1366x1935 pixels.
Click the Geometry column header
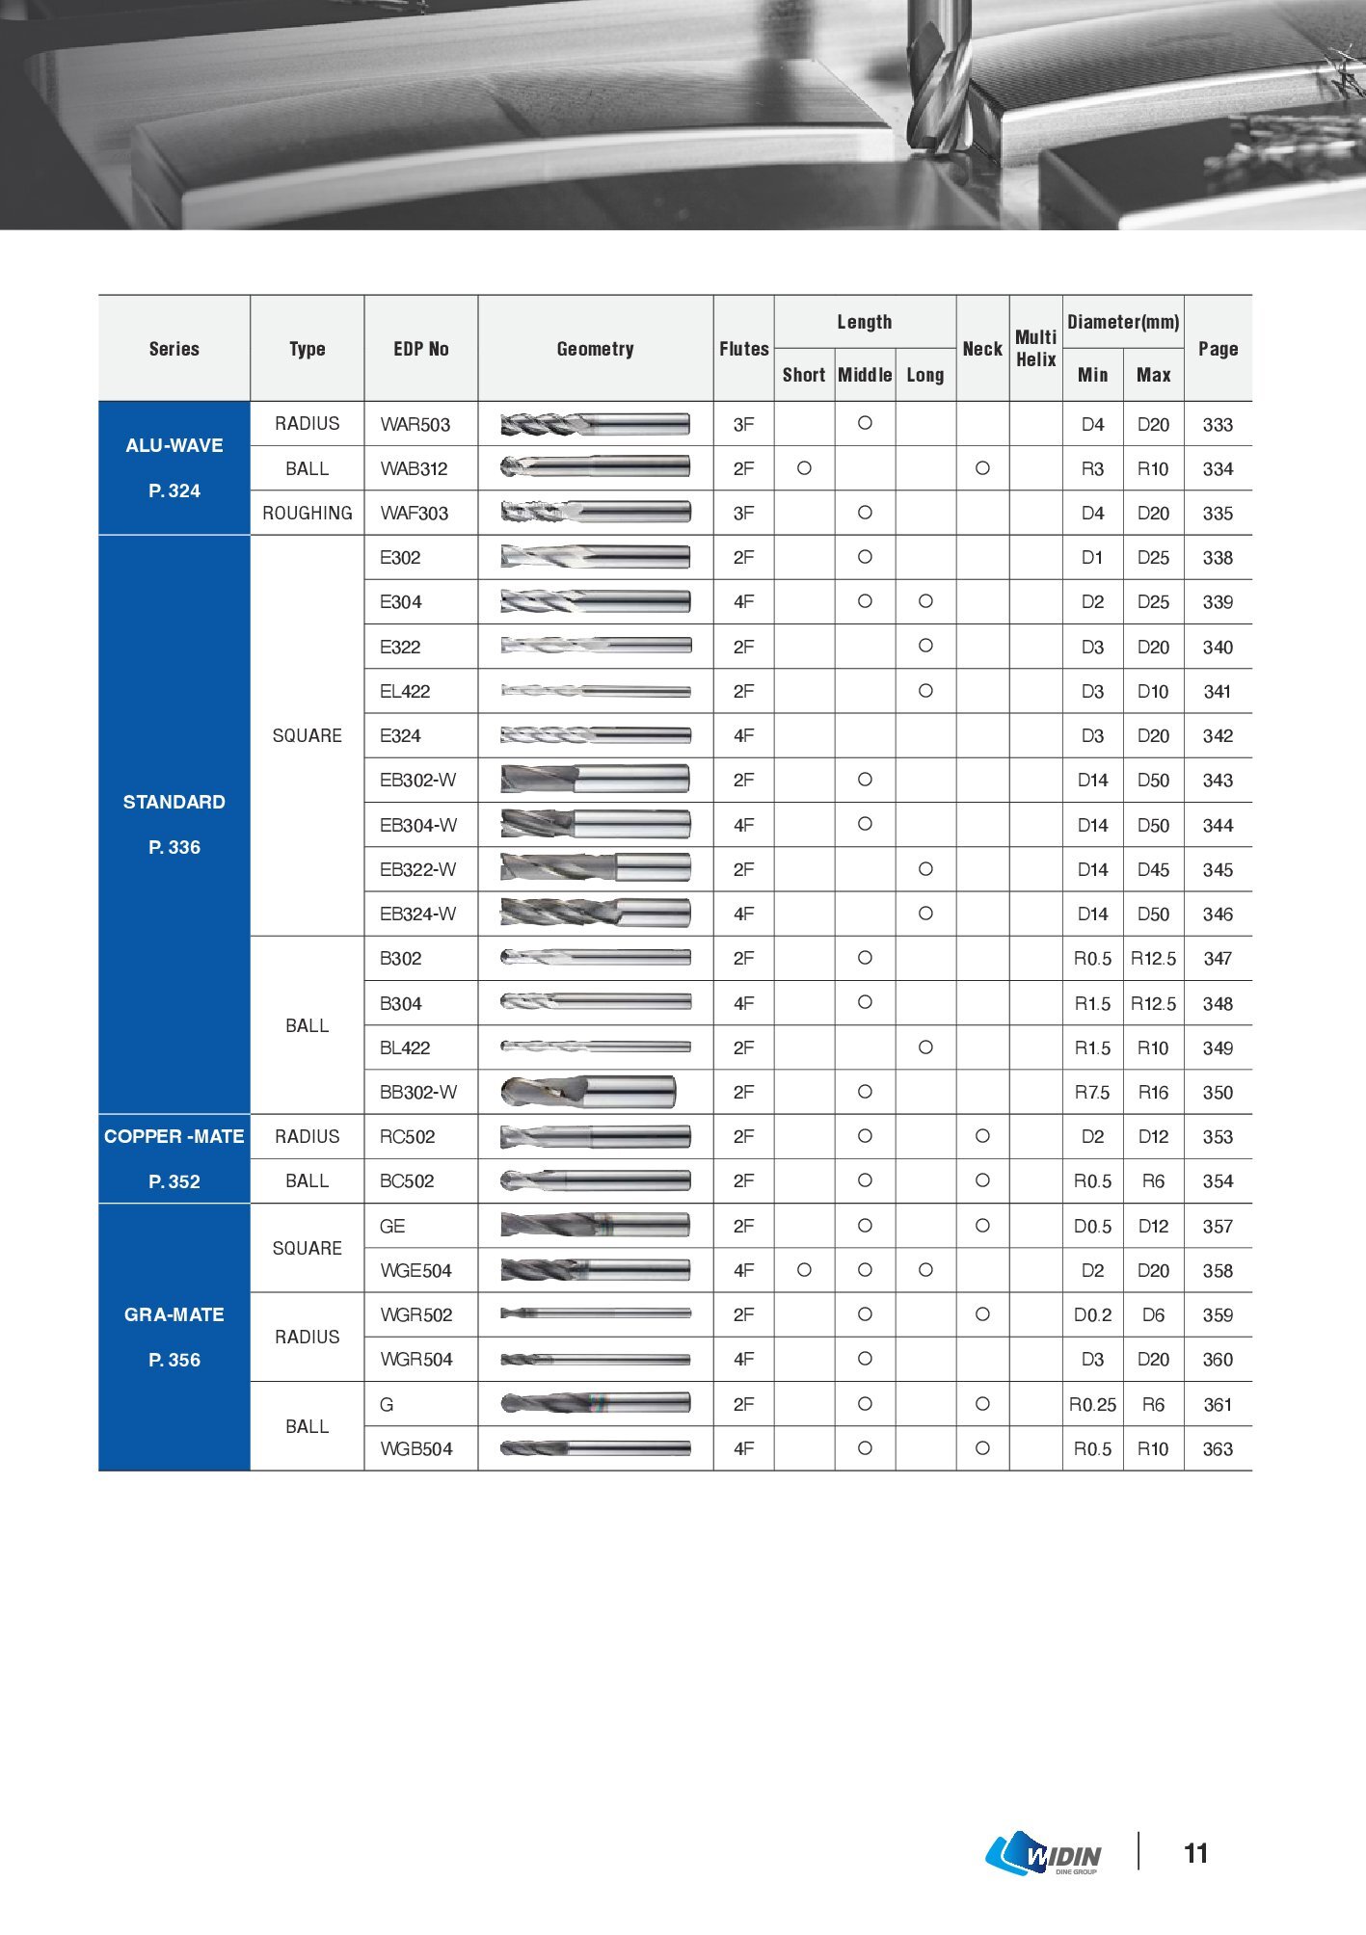(x=595, y=349)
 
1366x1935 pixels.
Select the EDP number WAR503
(x=415, y=425)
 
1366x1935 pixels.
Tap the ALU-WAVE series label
(x=174, y=445)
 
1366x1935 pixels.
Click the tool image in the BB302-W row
(x=588, y=1092)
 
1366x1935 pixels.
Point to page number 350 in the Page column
(x=1218, y=1093)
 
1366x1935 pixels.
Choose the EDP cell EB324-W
(x=417, y=914)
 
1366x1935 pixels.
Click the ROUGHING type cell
(x=308, y=514)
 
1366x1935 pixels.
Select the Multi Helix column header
(x=1035, y=348)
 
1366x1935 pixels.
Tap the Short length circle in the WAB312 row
(x=804, y=468)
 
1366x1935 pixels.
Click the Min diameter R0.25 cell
(x=1092, y=1405)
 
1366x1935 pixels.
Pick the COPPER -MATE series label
(x=174, y=1137)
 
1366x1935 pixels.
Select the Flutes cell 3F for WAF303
(x=743, y=514)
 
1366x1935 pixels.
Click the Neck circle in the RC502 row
(x=982, y=1136)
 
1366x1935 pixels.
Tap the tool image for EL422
(x=596, y=691)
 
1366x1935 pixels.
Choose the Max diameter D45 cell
(x=1153, y=870)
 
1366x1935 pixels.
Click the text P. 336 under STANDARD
(x=174, y=848)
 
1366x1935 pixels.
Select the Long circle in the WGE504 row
(x=925, y=1270)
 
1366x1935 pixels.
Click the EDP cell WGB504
(x=415, y=1449)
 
